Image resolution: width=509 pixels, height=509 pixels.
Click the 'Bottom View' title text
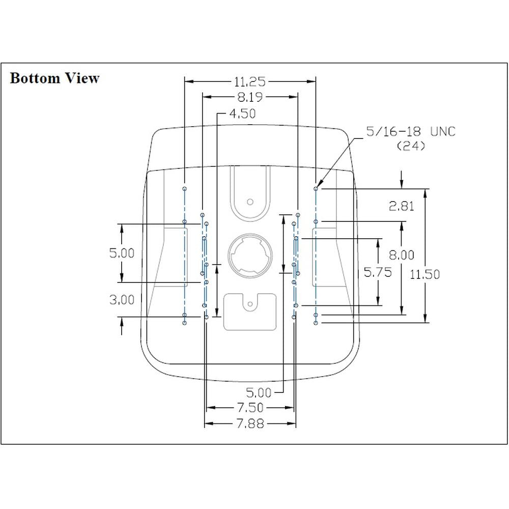[54, 78]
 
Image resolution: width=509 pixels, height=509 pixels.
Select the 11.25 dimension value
[250, 81]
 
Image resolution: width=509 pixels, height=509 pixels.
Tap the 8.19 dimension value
[250, 97]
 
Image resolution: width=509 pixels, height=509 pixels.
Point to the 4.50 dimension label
[242, 114]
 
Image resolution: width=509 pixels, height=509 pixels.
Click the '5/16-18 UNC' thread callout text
[411, 132]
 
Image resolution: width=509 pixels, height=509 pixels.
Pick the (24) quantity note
[411, 146]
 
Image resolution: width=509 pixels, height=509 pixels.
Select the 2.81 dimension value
[402, 206]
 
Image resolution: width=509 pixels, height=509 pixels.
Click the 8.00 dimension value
[402, 254]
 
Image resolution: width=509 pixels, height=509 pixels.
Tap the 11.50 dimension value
[425, 274]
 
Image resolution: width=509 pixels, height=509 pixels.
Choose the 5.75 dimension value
[377, 272]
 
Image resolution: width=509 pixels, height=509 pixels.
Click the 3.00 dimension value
[122, 299]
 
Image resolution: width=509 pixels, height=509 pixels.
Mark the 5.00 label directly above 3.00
[122, 253]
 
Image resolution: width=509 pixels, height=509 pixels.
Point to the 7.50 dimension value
[250, 408]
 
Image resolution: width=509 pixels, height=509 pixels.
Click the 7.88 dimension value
[250, 423]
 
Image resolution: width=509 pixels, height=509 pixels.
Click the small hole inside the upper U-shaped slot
[249, 202]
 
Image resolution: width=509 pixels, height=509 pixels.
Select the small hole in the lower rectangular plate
[249, 305]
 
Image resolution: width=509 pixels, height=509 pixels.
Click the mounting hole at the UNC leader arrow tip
[316, 188]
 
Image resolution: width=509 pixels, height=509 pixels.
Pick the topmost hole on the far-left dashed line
[184, 188]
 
